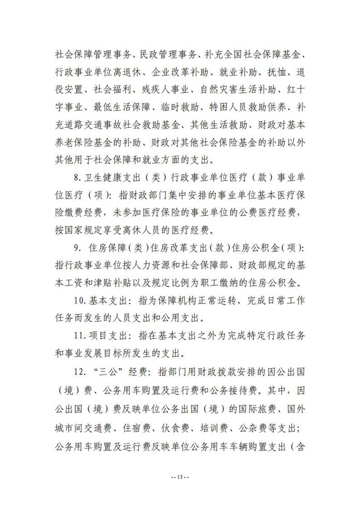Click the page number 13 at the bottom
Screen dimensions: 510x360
click(x=180, y=479)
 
